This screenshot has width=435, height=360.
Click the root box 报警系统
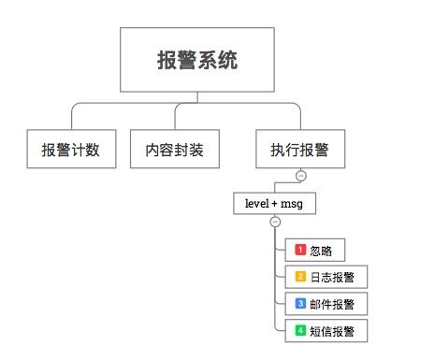pyautogui.click(x=197, y=61)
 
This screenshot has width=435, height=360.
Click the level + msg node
pyautogui.click(x=274, y=202)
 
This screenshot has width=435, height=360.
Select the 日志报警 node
pyautogui.click(x=326, y=277)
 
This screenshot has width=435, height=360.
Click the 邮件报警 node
pyautogui.click(x=326, y=304)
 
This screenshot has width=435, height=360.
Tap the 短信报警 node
pyautogui.click(x=326, y=330)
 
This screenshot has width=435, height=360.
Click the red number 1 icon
pyautogui.click(x=300, y=250)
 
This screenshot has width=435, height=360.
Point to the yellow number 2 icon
pyautogui.click(x=300, y=277)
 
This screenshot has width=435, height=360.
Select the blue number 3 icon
pyautogui.click(x=300, y=304)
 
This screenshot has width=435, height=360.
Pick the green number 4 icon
pyautogui.click(x=300, y=330)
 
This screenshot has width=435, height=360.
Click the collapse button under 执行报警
pyautogui.click(x=300, y=175)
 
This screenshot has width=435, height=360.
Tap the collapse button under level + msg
pyautogui.click(x=274, y=222)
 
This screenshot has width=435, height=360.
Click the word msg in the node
pyautogui.click(x=293, y=202)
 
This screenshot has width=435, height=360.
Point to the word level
pyautogui.click(x=256, y=202)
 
